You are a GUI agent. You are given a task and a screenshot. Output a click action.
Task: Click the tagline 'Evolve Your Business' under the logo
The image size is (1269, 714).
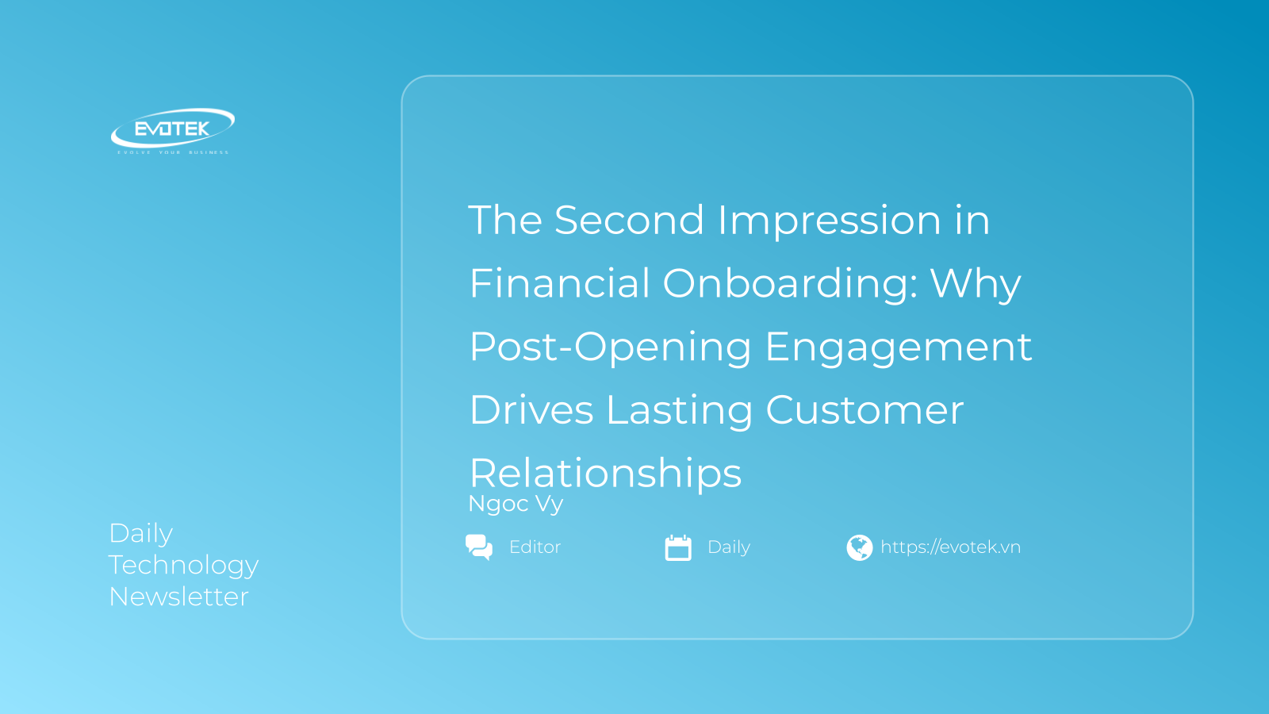(173, 152)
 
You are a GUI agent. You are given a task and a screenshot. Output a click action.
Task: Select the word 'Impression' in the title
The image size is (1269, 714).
(829, 221)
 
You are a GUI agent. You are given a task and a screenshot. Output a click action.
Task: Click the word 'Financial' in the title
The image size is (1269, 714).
(559, 282)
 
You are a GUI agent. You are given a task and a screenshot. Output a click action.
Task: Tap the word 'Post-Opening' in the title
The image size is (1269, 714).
(611, 347)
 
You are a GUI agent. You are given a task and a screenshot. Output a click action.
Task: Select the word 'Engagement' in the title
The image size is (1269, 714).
(899, 347)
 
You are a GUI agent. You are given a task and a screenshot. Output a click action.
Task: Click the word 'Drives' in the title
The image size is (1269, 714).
(531, 409)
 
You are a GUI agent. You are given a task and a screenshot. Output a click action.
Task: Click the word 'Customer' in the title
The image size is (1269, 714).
(865, 409)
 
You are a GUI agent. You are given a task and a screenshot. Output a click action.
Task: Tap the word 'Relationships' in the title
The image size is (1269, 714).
(606, 473)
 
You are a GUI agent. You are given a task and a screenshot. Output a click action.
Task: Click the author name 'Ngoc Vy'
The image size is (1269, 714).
(516, 504)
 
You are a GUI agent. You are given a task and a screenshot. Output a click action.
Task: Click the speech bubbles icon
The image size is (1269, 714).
(479, 547)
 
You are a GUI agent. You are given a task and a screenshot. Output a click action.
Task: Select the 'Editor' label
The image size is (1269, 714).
(535, 547)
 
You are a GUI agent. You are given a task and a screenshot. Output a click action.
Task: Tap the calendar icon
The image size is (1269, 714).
(678, 547)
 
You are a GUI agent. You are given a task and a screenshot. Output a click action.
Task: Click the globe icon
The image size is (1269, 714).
(860, 547)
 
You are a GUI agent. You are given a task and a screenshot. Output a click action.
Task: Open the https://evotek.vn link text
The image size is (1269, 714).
(951, 547)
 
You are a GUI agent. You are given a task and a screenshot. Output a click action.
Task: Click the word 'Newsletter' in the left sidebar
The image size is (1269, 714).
(178, 597)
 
